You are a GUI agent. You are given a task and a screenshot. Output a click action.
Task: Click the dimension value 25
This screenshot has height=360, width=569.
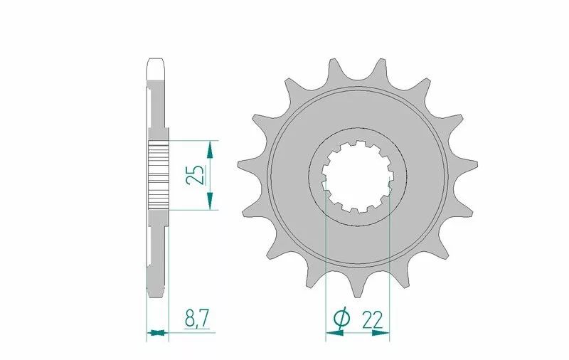pos(195,175)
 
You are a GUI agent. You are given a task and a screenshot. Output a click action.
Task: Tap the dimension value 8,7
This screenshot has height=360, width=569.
pos(196,318)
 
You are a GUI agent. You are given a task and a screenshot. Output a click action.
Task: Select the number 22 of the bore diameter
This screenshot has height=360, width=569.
pos(372,320)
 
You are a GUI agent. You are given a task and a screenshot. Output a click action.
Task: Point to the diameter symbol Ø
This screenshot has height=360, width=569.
pos(342,319)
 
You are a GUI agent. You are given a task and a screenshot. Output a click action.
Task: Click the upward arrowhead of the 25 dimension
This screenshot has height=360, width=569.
pos(209,149)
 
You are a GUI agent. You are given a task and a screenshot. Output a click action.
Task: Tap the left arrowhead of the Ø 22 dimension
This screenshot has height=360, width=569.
pos(334,332)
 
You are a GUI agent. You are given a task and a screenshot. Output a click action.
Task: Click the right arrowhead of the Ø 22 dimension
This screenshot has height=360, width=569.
pos(381,332)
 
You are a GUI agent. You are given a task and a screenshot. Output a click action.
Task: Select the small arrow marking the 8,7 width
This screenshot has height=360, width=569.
pos(157,332)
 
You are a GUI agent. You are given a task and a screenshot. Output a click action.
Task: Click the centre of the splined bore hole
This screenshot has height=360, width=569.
pos(358,176)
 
